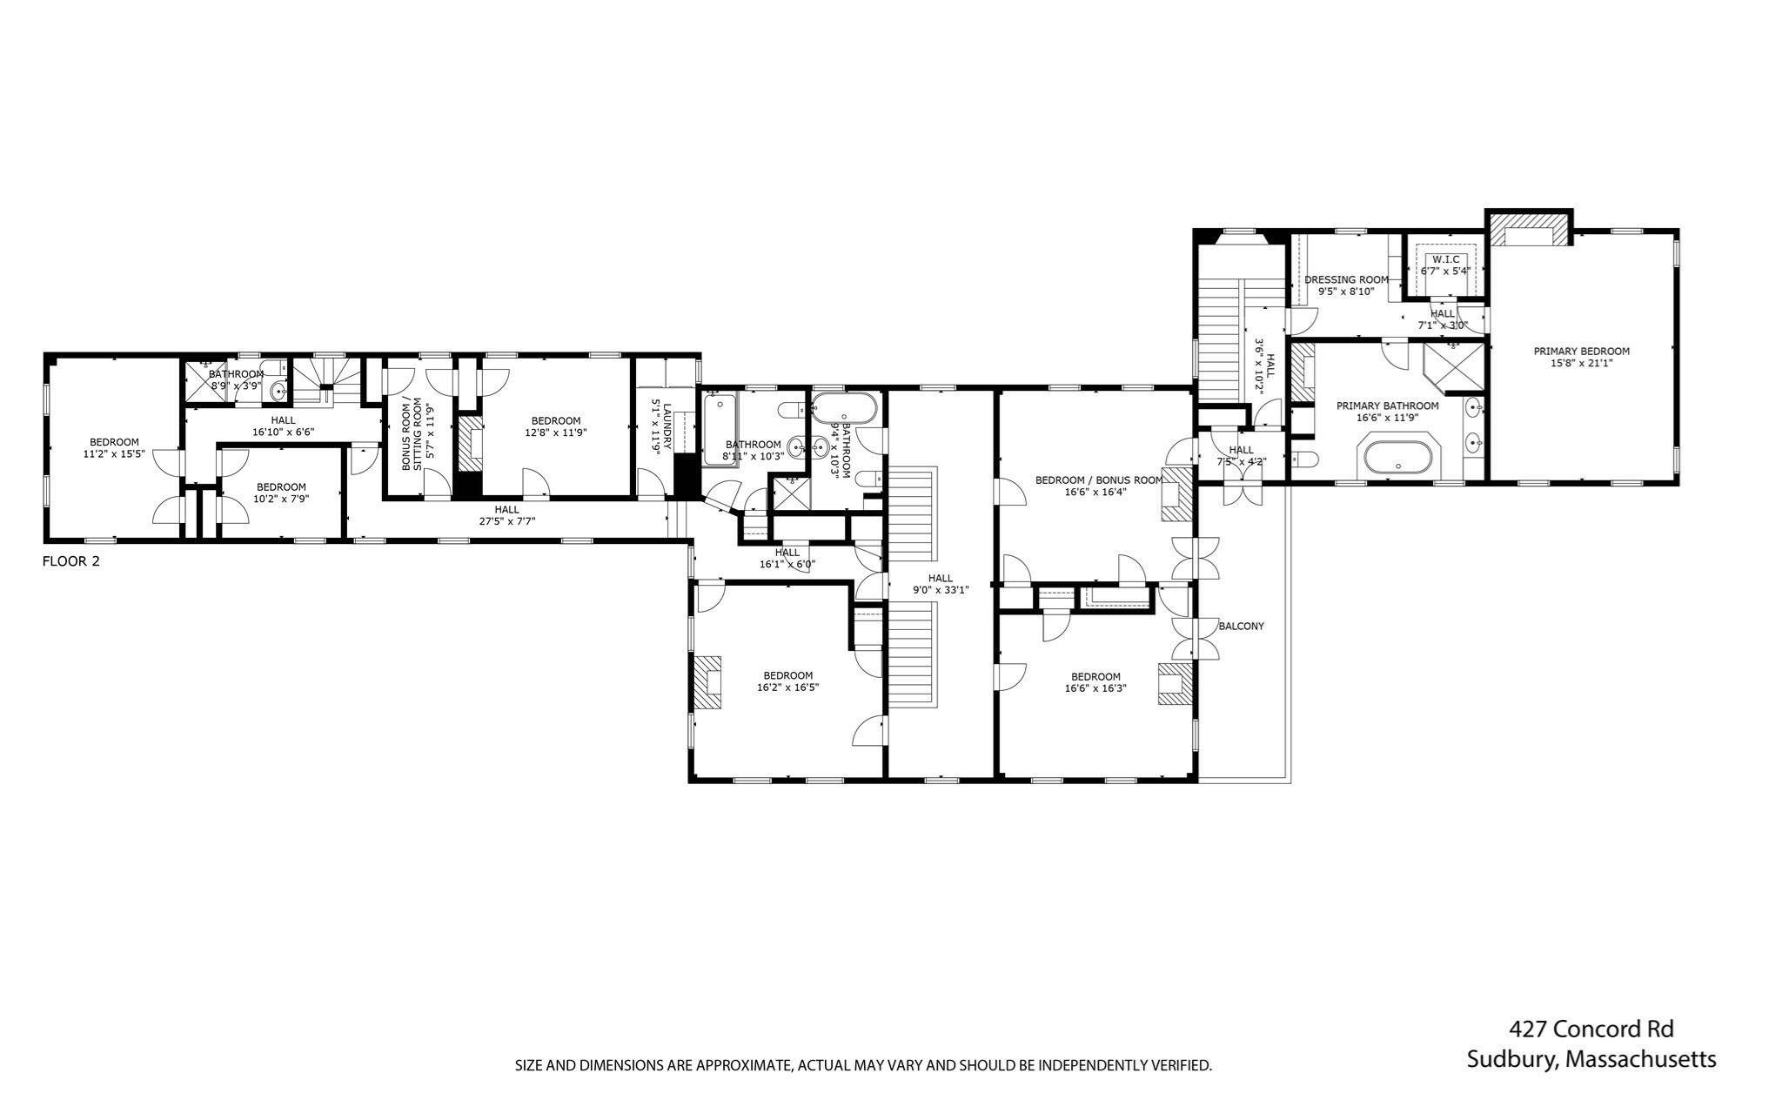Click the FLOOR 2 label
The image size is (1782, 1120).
[70, 561]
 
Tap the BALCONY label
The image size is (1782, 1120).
[1241, 626]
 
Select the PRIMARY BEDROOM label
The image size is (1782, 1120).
[1581, 352]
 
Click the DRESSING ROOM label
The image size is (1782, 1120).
[1346, 279]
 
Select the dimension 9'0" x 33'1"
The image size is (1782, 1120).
[940, 590]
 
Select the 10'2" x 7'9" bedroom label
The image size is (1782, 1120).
[280, 487]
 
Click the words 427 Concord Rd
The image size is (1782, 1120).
[1591, 1029]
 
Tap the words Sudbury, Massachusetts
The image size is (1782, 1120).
[1591, 1059]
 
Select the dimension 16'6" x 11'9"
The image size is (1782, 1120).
[1387, 417]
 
